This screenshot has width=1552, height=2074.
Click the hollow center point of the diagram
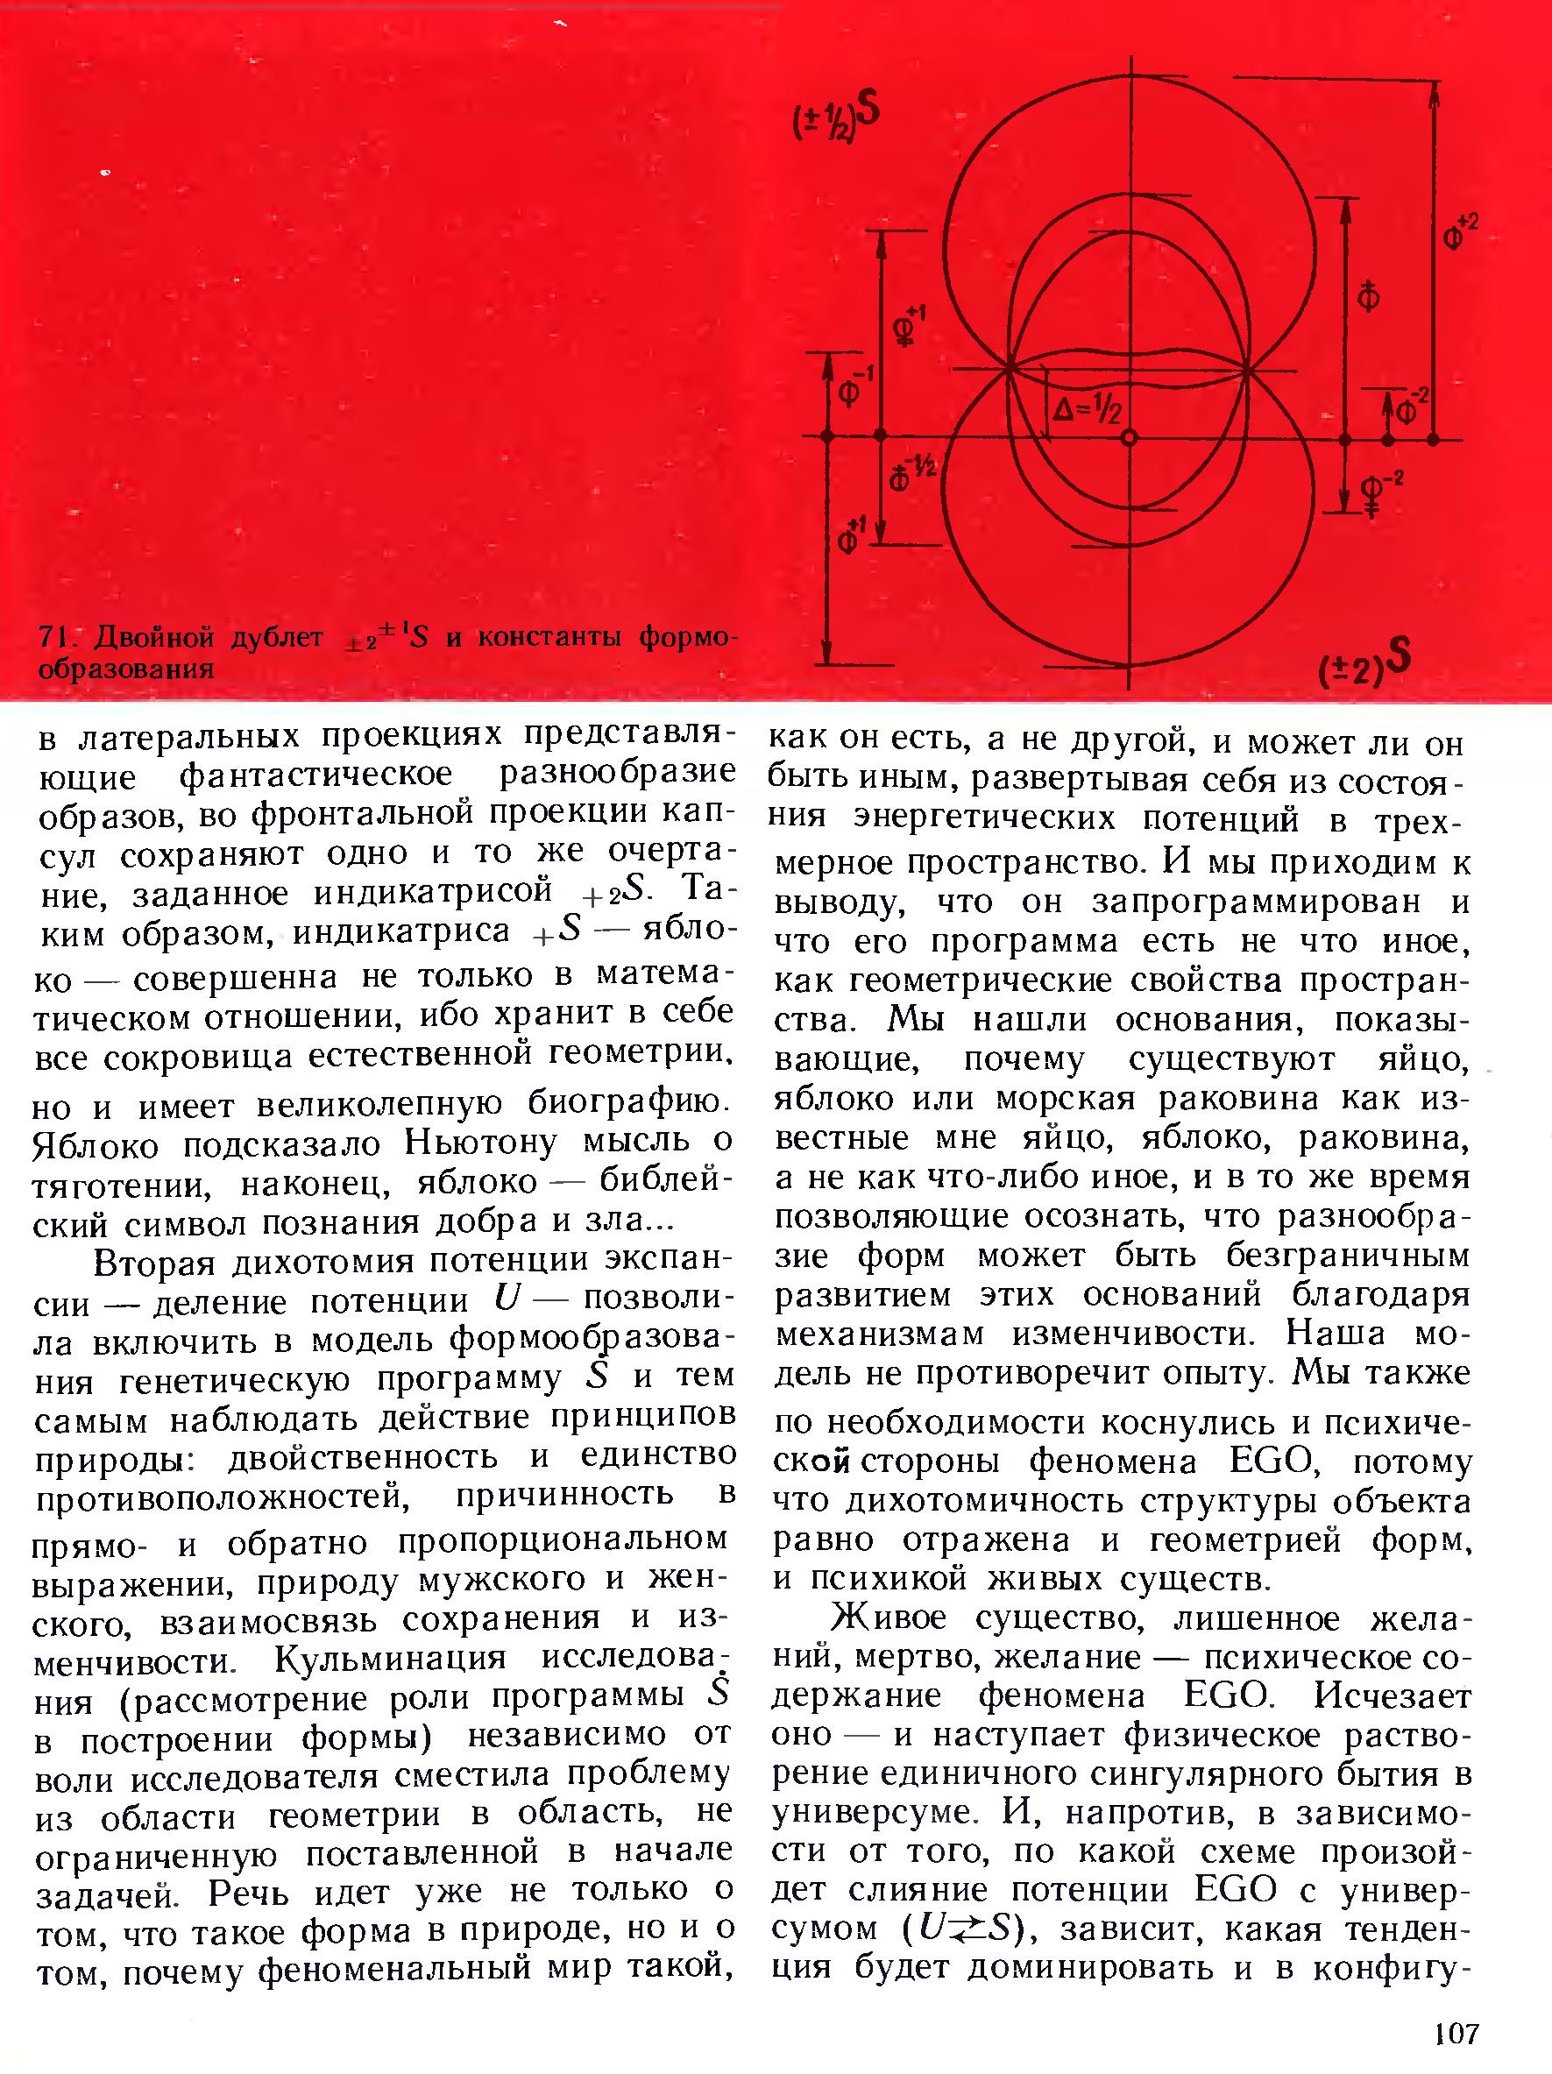point(1129,438)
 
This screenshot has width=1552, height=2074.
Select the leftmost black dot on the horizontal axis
point(827,437)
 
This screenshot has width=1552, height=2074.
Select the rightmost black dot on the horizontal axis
point(1433,438)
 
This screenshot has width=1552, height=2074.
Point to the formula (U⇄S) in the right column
point(960,1929)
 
